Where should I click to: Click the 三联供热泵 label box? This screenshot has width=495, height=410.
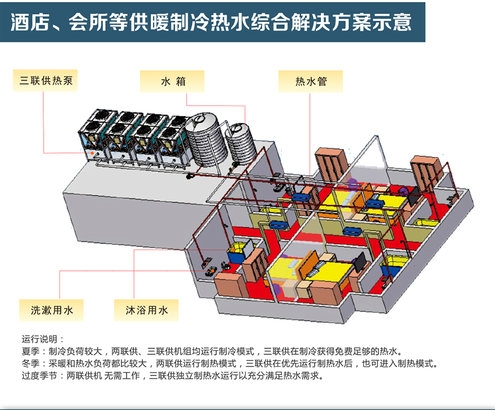[46, 81]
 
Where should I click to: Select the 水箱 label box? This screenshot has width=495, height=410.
[172, 81]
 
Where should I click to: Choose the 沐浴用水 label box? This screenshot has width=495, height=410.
[146, 310]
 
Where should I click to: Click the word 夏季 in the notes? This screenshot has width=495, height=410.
[31, 351]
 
